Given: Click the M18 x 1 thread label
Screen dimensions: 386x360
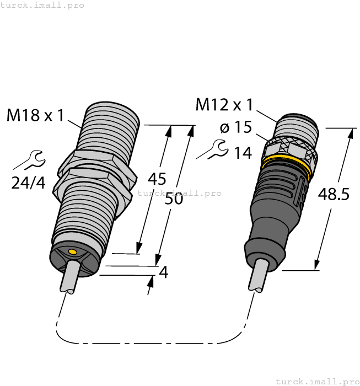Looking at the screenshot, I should click(x=35, y=116).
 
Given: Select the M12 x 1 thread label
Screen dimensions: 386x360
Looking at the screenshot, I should click(x=224, y=104).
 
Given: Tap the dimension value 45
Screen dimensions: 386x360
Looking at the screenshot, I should click(x=158, y=179).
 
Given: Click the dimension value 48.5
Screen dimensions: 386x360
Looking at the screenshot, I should click(x=334, y=194).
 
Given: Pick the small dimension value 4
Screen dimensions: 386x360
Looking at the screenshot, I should click(x=163, y=272).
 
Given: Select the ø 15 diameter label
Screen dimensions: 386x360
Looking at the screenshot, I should click(x=235, y=127).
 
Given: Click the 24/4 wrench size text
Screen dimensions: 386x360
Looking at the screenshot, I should click(x=29, y=183).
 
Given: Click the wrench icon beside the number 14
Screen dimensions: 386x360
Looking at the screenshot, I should click(x=213, y=149).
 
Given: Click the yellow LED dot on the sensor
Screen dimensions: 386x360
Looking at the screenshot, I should click(x=71, y=252).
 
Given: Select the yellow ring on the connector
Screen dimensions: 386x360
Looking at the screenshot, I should click(x=286, y=164).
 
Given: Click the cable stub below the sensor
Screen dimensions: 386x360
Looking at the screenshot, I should click(x=69, y=279).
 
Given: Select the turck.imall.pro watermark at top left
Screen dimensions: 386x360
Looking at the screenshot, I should click(x=42, y=5).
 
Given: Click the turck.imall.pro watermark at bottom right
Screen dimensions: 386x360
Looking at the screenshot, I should click(x=317, y=381).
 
